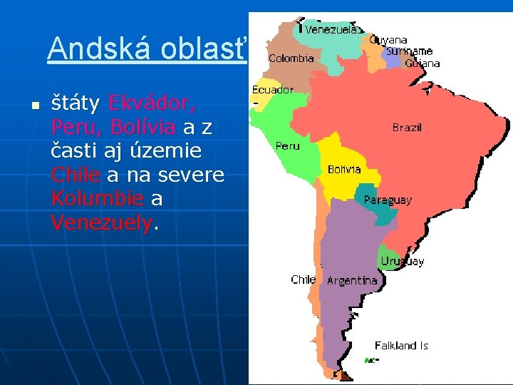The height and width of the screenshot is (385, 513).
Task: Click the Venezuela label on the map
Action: (331, 29)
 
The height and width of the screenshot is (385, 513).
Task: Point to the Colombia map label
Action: (291, 58)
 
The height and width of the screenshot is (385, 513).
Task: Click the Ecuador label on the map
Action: (272, 90)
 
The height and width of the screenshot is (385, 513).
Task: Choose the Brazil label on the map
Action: (407, 128)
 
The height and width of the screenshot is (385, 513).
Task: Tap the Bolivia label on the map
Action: (344, 170)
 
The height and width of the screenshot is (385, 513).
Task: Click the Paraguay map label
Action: (388, 200)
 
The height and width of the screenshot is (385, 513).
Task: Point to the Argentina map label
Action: (352, 280)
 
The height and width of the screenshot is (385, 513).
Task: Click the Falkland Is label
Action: (401, 345)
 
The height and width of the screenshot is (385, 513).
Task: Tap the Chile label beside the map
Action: (303, 279)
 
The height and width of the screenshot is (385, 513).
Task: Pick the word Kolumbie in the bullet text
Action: (98, 199)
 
